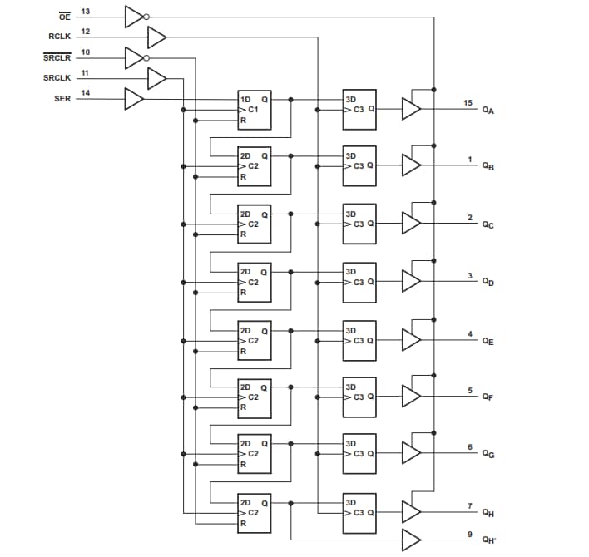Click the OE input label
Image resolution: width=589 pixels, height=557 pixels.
tap(63, 17)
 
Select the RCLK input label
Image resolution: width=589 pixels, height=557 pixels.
tap(60, 37)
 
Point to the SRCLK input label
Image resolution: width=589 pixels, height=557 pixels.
tap(58, 78)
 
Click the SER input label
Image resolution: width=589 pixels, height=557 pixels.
tap(62, 98)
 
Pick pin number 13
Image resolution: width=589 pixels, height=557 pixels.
tap(85, 11)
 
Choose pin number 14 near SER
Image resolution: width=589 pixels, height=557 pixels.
tap(85, 92)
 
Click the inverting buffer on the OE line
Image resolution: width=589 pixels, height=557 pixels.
tap(136, 17)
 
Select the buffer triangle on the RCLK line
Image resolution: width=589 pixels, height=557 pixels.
tap(156, 37)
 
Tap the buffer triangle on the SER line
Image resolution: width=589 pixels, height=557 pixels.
tap(134, 99)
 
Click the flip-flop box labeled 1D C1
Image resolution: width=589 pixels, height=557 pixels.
tap(254, 110)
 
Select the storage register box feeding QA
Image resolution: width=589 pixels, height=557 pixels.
tap(359, 110)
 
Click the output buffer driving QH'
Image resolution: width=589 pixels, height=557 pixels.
tap(411, 539)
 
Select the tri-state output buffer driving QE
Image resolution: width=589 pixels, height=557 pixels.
tap(411, 339)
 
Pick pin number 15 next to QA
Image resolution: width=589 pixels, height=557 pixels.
tap(468, 102)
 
